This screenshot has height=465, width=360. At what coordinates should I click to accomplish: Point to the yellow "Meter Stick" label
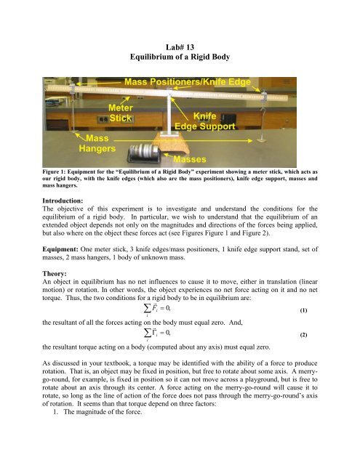coord(121,113)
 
